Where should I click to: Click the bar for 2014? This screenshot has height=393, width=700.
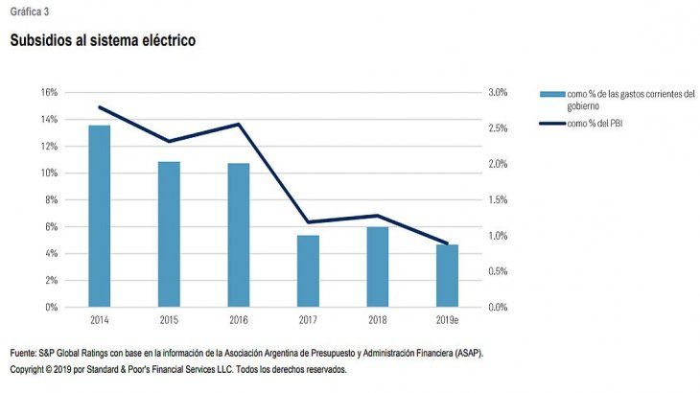pyautogui.click(x=99, y=216)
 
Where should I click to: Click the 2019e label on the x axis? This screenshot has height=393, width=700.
pyautogui.click(x=448, y=318)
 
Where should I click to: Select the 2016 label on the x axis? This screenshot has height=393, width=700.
pyautogui.click(x=239, y=318)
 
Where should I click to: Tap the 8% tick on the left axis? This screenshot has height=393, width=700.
pyautogui.click(x=52, y=199)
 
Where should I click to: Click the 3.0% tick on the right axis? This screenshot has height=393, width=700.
pyautogui.click(x=497, y=92)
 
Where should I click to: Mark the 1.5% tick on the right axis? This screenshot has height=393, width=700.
pyautogui.click(x=497, y=199)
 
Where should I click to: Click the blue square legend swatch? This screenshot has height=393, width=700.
pyautogui.click(x=551, y=94)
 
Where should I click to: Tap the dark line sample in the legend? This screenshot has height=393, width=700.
pyautogui.click(x=551, y=124)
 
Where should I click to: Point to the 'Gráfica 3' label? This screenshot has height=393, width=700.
pyautogui.click(x=30, y=11)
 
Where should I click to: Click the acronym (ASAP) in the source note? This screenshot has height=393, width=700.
pyautogui.click(x=469, y=354)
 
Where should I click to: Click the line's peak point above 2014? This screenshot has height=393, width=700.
pyautogui.click(x=99, y=106)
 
